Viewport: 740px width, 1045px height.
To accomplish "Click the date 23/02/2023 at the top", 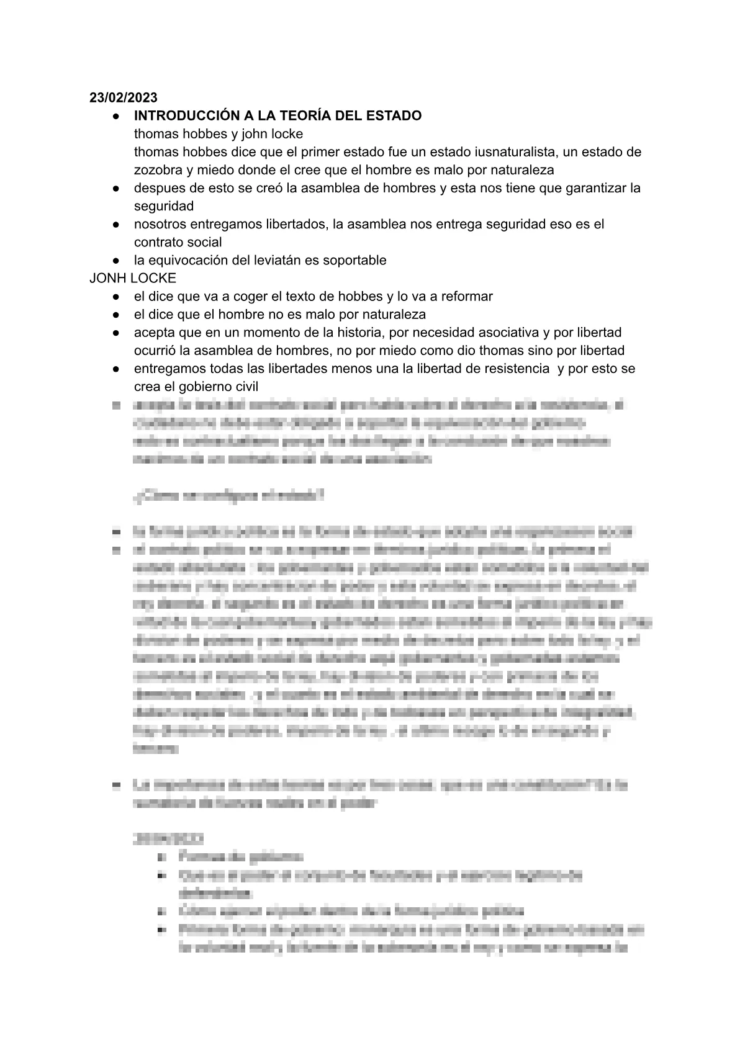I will tap(124, 97).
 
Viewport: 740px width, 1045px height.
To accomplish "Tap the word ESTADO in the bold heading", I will tap(392, 115).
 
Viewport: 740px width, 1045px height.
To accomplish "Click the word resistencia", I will tap(508, 369).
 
